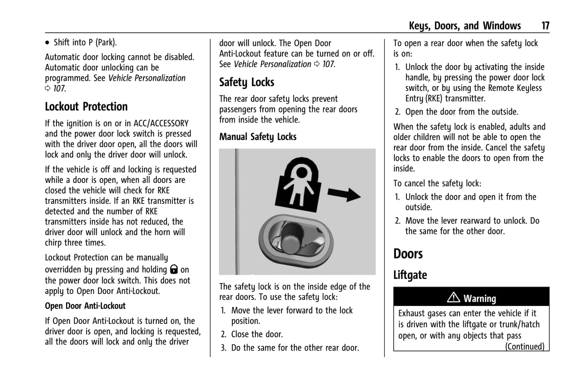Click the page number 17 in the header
point(545,26)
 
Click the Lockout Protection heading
point(86,107)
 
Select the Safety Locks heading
point(247,82)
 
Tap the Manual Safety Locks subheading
point(258,137)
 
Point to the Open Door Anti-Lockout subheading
point(85,306)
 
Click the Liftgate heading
point(410,275)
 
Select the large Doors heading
point(408,254)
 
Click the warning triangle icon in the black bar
point(453,297)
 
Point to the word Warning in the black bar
point(480,298)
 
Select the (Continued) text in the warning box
point(524,347)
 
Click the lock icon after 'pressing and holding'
point(174,269)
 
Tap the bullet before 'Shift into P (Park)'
point(47,43)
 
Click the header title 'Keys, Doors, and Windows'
point(465,26)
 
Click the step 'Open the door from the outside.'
point(462,112)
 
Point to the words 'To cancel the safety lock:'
point(437,184)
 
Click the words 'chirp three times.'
point(75,243)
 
